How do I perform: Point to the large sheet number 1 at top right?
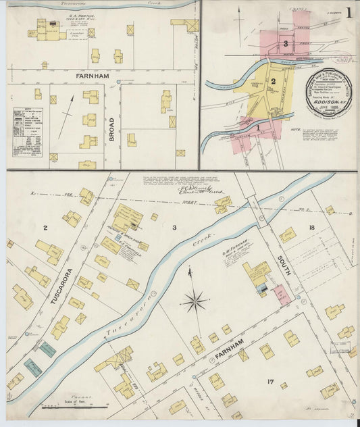click(x=349, y=11)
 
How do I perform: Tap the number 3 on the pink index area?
click(x=286, y=44)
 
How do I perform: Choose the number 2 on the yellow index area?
click(x=274, y=82)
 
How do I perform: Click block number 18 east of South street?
click(x=312, y=228)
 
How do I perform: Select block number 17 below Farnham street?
click(x=270, y=382)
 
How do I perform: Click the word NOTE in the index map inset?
click(x=296, y=130)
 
